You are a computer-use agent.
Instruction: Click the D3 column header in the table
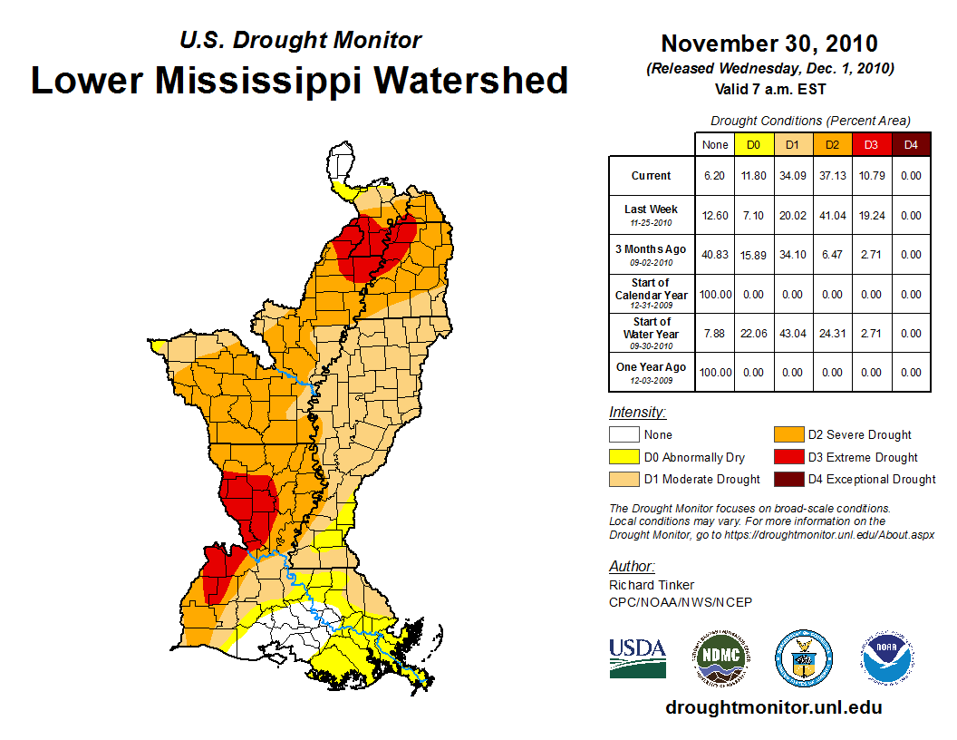coord(870,144)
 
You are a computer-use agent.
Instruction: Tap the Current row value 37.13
coord(831,176)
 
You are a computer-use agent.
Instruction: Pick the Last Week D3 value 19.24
coord(870,216)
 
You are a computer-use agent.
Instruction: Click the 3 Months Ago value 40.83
coord(715,255)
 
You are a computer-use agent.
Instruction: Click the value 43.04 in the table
coord(792,334)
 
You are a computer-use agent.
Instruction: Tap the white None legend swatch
coord(624,435)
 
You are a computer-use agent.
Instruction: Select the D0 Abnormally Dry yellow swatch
coord(624,457)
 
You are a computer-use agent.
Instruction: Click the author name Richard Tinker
coord(652,585)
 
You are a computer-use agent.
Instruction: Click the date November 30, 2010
coord(768,44)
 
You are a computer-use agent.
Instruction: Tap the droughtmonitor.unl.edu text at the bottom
coord(773,707)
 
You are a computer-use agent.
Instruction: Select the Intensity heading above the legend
coord(637,412)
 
